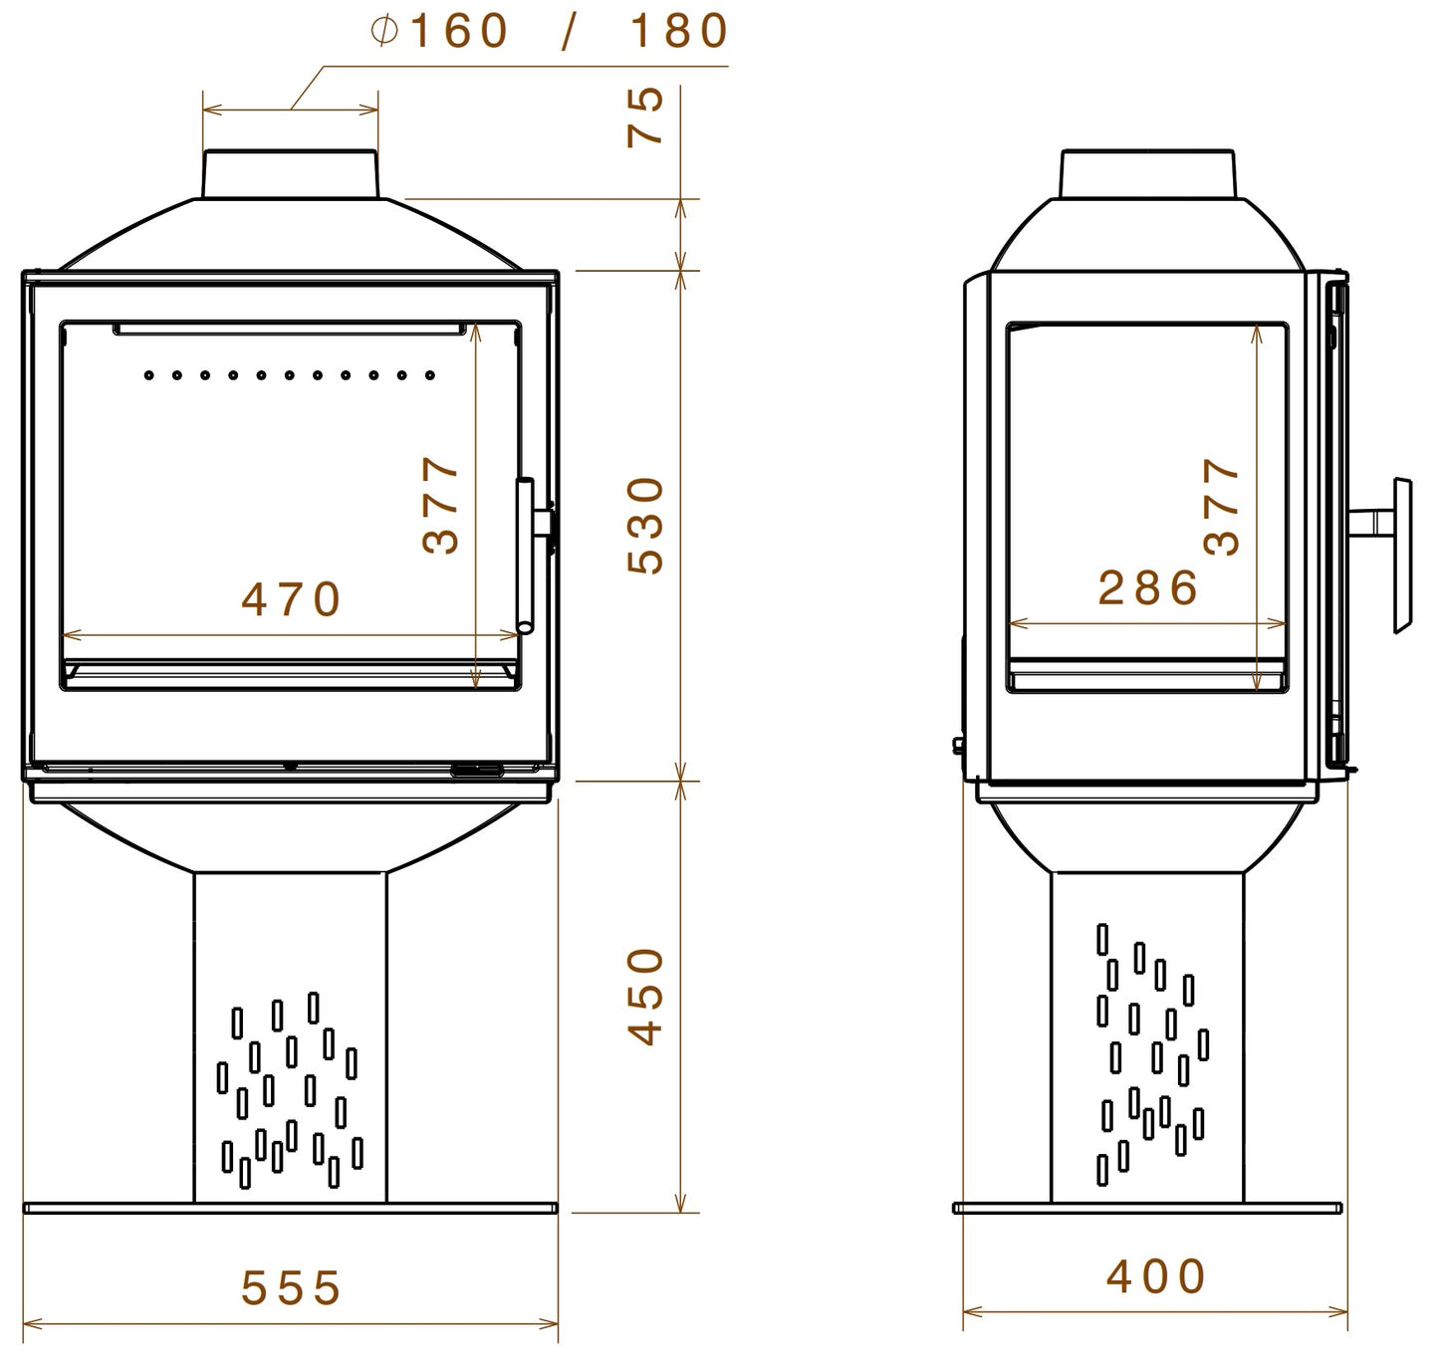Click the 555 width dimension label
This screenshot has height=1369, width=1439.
tap(291, 1288)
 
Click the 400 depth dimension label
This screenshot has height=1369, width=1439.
tap(1155, 1276)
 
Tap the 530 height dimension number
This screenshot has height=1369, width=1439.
tap(647, 525)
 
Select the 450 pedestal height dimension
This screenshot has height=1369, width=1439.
tap(647, 996)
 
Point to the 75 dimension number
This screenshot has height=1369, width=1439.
tap(646, 116)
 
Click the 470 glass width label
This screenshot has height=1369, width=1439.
tap(292, 599)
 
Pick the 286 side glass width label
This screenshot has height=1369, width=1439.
tap(1148, 588)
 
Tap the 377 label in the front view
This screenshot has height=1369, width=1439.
tap(441, 505)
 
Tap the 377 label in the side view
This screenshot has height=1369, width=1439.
tap(1222, 506)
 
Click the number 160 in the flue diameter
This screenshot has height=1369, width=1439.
tap(459, 32)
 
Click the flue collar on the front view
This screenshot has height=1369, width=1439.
tap(291, 174)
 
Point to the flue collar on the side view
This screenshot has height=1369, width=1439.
tap(1148, 174)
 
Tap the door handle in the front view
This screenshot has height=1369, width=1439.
tap(526, 555)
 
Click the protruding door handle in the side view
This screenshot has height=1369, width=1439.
tap(1401, 555)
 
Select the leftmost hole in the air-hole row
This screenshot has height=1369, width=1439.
tap(148, 375)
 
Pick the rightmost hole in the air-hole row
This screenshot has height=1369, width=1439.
tap(430, 375)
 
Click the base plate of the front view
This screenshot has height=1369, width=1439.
tap(290, 1209)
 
